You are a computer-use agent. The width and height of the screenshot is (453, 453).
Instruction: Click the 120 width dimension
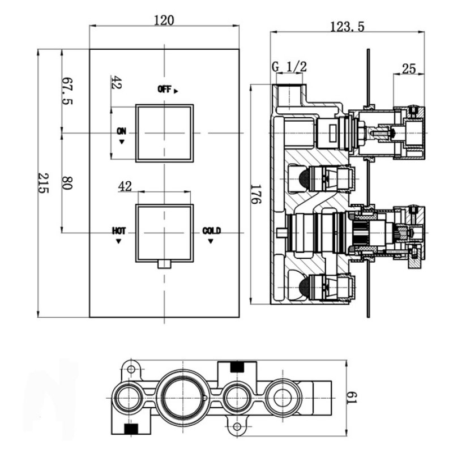click(164, 20)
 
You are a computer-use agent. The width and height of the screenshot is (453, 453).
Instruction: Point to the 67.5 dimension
click(67, 91)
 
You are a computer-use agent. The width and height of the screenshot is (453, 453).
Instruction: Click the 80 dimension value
click(67, 183)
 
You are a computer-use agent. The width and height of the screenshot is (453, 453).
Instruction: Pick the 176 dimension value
click(255, 194)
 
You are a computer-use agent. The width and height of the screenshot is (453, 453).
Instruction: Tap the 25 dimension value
click(409, 69)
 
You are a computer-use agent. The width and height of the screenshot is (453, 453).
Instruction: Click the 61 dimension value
click(352, 398)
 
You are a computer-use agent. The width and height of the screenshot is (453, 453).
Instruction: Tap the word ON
click(121, 131)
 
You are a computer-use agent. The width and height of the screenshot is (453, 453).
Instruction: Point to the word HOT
click(119, 230)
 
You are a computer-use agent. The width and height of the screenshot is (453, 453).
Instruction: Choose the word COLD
click(211, 230)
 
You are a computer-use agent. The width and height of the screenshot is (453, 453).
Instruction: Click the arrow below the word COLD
click(211, 241)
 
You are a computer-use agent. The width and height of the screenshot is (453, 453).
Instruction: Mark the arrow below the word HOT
click(118, 241)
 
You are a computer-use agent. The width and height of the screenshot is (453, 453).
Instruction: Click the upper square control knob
click(164, 132)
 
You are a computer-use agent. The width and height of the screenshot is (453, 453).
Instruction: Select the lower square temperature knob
click(164, 232)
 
